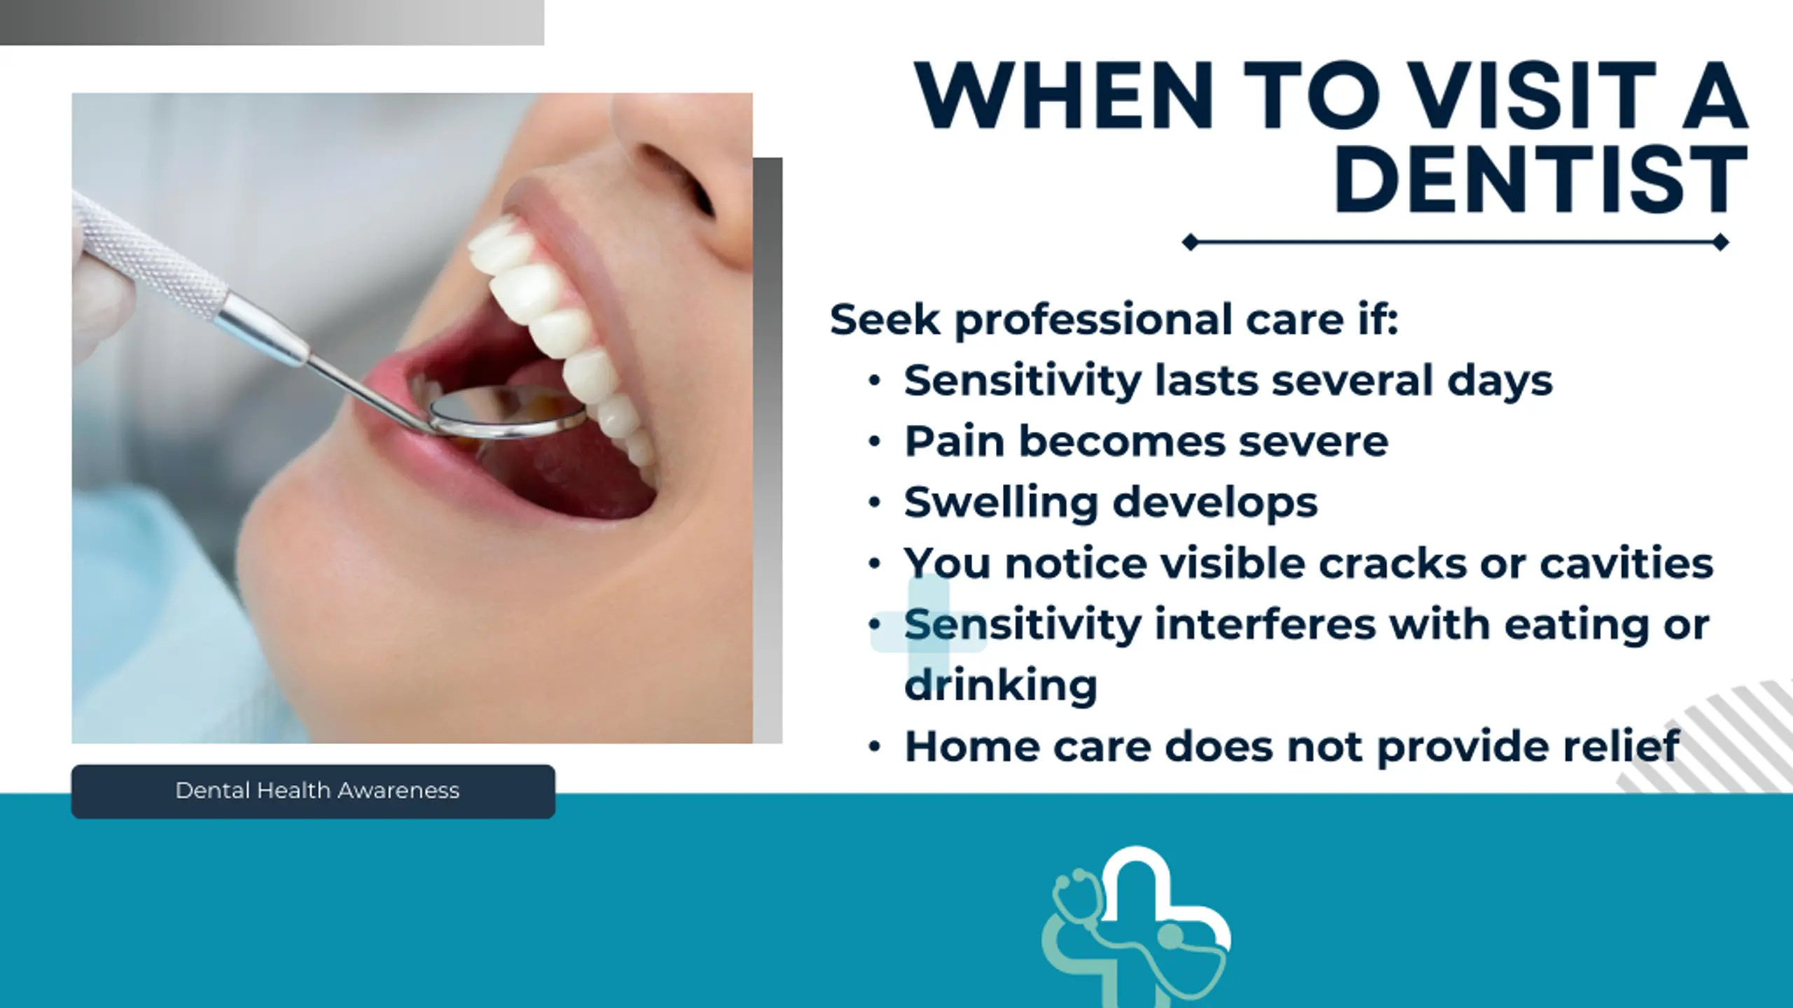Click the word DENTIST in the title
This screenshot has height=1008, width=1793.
pos(1541,179)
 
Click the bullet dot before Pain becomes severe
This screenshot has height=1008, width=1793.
pos(874,442)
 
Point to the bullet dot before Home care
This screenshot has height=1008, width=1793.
pos(874,747)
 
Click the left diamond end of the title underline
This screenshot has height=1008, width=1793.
pos(1190,243)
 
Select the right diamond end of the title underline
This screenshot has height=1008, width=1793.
pos(1720,243)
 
